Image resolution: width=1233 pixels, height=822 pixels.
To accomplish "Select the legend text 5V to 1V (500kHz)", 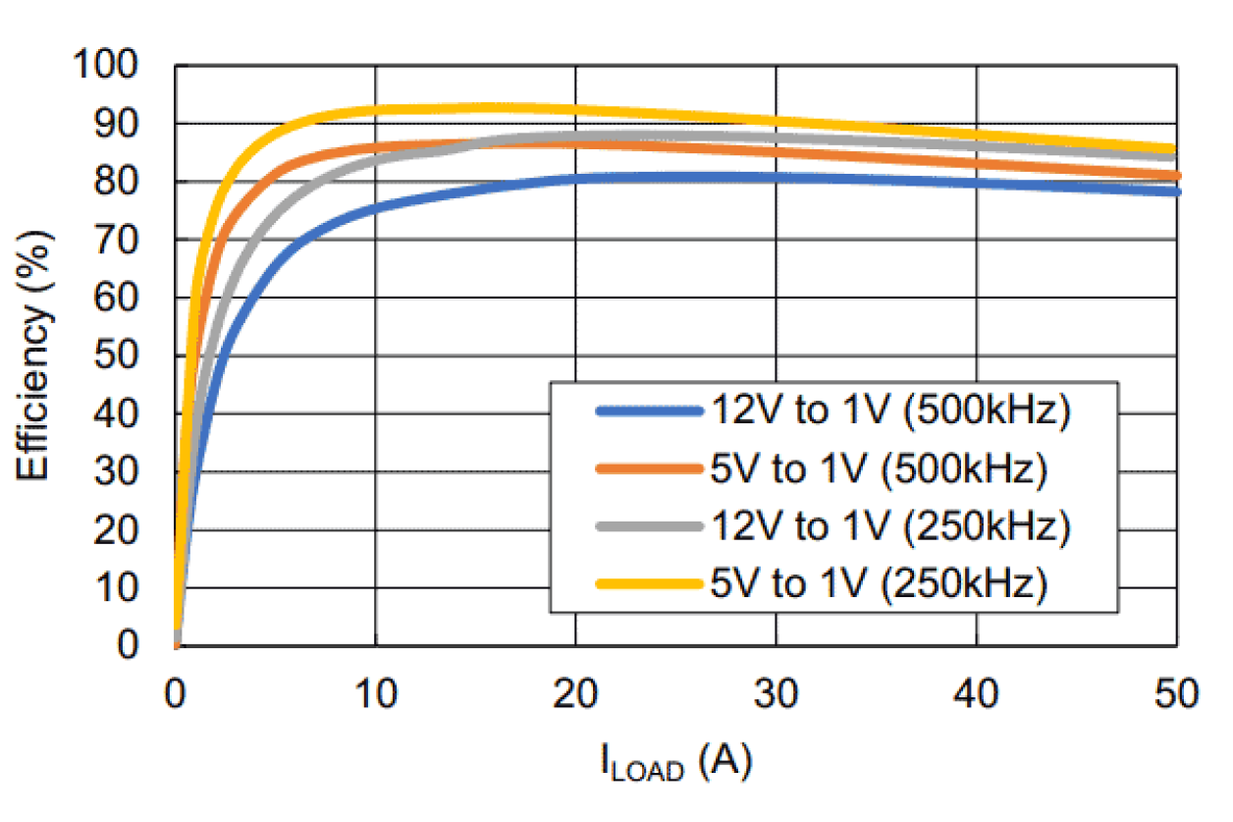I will click(879, 470).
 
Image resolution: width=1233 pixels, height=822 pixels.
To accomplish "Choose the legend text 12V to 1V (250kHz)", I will click(888, 527).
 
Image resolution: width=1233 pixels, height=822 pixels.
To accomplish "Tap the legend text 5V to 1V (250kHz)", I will click(879, 584).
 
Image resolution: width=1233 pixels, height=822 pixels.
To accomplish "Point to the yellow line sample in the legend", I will click(650, 584).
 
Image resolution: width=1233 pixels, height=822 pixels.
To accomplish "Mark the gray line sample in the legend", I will click(650, 527).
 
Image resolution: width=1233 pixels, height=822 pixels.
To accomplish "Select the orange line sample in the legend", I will click(650, 470).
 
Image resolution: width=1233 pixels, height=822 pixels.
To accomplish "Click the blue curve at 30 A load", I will click(777, 178).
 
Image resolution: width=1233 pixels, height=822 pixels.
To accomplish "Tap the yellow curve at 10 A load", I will click(376, 110).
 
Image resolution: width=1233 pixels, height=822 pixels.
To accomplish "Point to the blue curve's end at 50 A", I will click(1175, 192).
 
